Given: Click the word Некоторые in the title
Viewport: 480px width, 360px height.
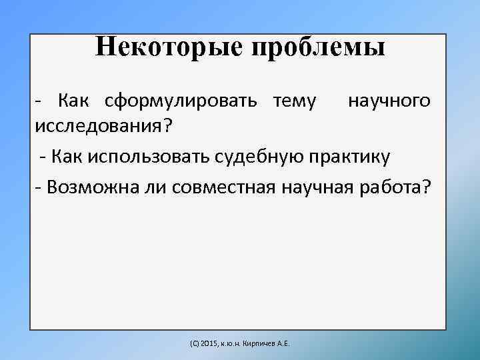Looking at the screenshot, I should point(169,47).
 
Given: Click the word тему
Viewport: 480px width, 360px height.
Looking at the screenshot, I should point(294,102).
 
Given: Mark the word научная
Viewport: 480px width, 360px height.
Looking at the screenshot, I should point(319,189).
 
